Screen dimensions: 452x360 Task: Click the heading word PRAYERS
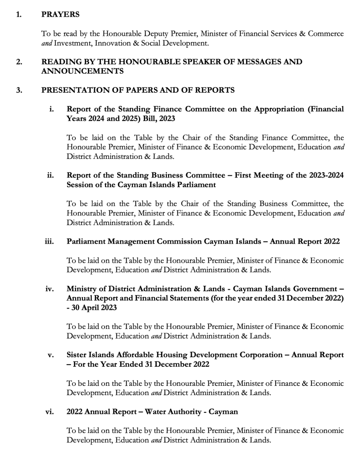[x=60, y=15]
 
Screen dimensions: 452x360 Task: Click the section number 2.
[x=19, y=62]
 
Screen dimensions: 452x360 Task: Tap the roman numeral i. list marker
[x=52, y=109]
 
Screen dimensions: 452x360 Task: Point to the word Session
[x=79, y=185]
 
